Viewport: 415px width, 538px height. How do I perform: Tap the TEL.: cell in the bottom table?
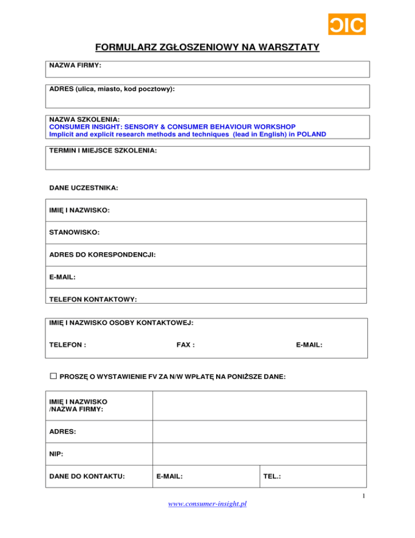point(272,477)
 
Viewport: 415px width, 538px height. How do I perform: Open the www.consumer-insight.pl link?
point(207,504)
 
